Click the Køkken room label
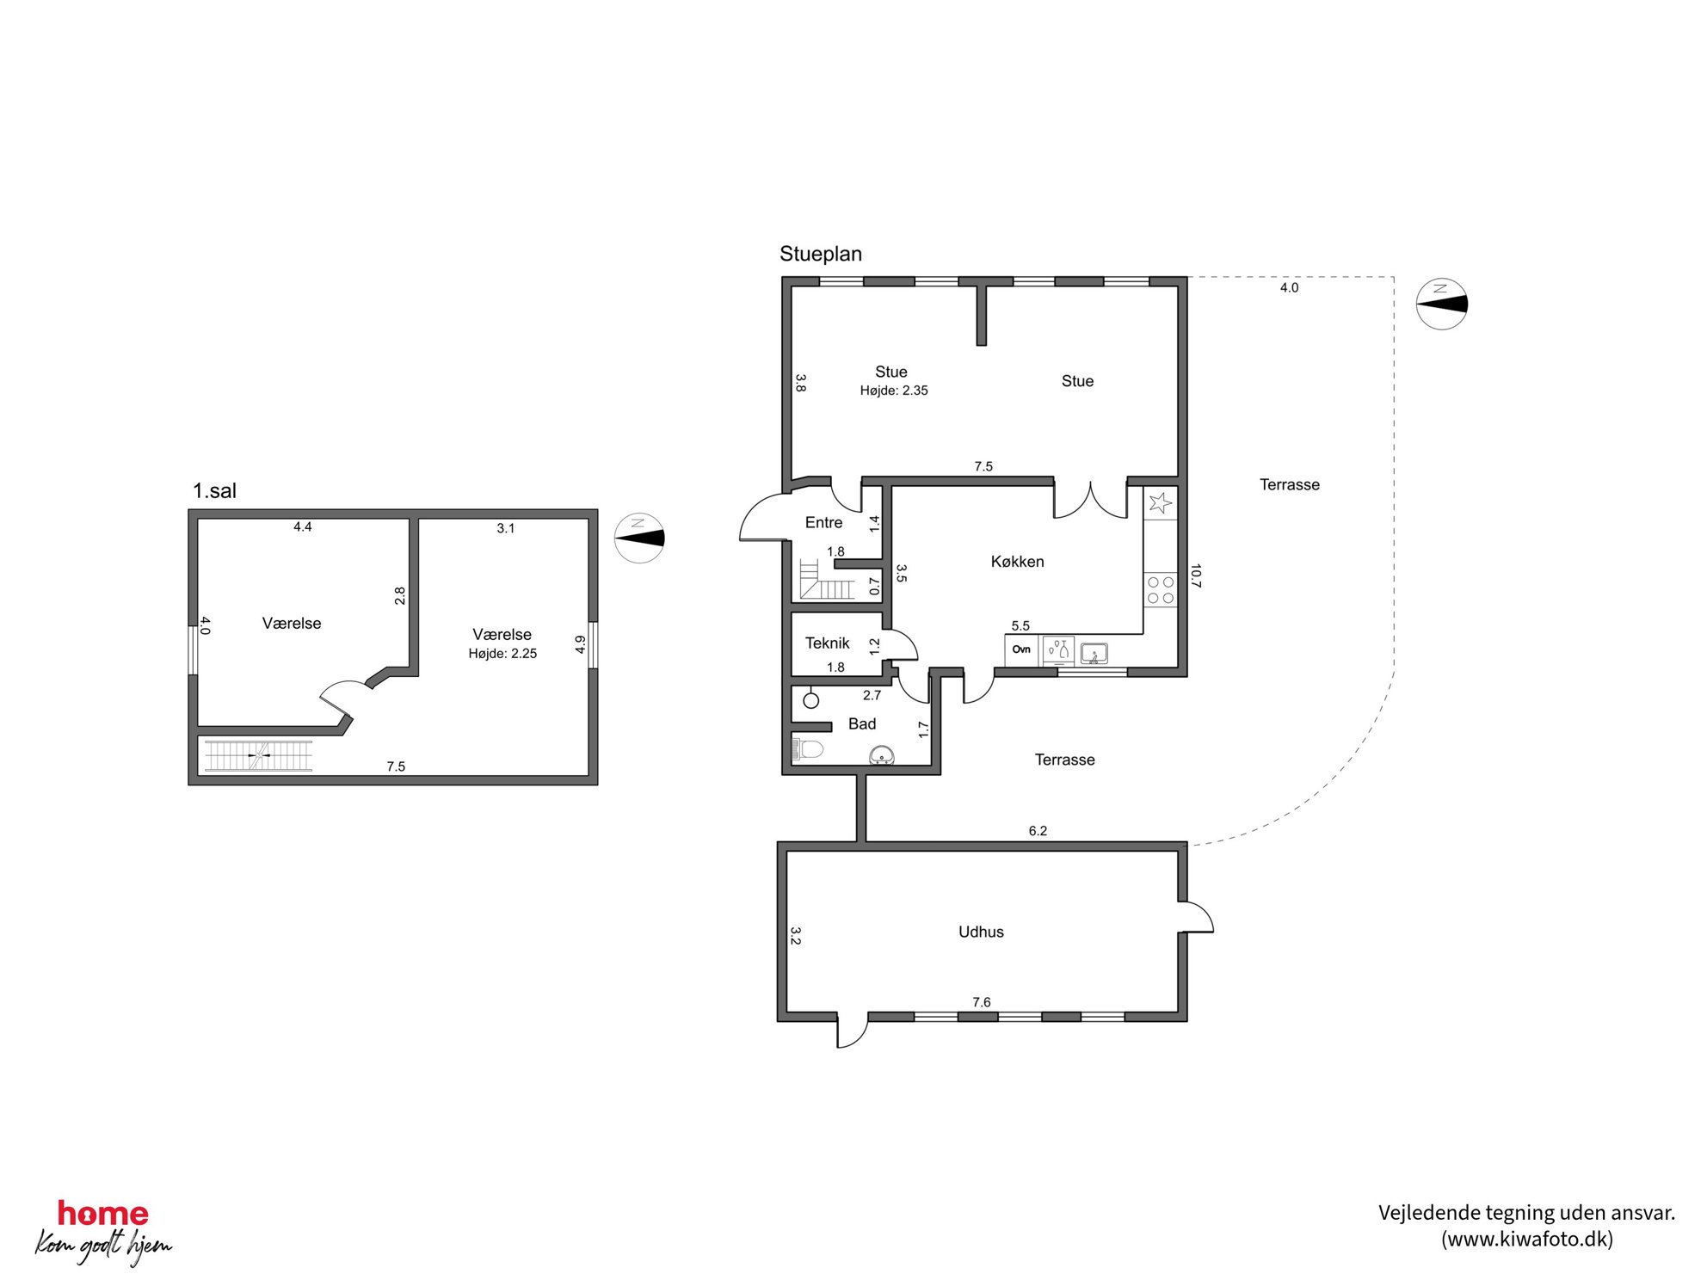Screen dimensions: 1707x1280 click(1017, 562)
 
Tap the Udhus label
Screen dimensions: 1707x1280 click(981, 932)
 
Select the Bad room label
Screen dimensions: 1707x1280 click(862, 724)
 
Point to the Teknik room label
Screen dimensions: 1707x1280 click(827, 643)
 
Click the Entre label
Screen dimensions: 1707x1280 click(823, 522)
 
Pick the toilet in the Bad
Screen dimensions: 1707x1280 click(807, 748)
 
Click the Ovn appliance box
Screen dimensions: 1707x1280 click(1021, 649)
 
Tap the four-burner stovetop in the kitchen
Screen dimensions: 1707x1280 click(1161, 590)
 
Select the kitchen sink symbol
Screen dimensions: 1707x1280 click(1094, 654)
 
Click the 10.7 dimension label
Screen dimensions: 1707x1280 click(1195, 575)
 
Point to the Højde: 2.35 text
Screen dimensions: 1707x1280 click(894, 391)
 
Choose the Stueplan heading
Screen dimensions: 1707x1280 click(821, 254)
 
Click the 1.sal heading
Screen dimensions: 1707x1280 click(214, 491)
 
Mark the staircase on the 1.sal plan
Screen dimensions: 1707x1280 click(258, 755)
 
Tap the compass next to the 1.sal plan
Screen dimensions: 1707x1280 click(639, 538)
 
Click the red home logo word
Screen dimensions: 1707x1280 click(103, 1214)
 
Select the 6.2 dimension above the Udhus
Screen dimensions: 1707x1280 click(1038, 831)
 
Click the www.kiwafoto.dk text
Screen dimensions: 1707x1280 click(1527, 1239)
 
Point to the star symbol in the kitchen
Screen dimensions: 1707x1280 click(1160, 503)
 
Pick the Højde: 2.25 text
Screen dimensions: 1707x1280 click(502, 654)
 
